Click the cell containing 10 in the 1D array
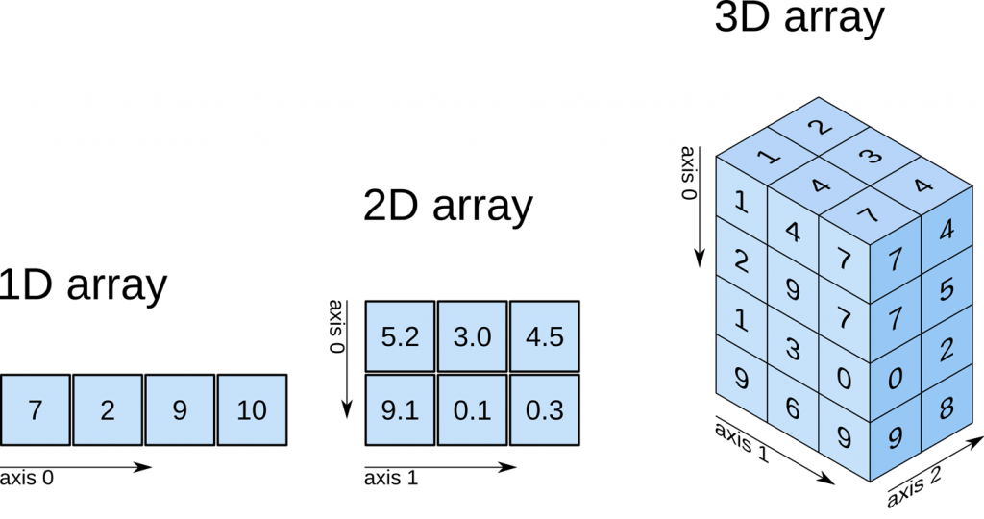pos(252,410)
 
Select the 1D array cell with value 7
pos(36,410)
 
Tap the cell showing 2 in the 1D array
pos(108,410)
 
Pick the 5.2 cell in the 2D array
pos(401,336)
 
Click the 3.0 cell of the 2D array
pos(473,336)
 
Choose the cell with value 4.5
pos(545,336)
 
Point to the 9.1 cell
pos(401,410)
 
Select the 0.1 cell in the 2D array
pos(473,410)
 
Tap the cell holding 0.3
pos(545,410)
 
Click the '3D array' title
pos(799,19)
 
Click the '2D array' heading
pos(448,206)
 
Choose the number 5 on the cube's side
pos(947,287)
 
